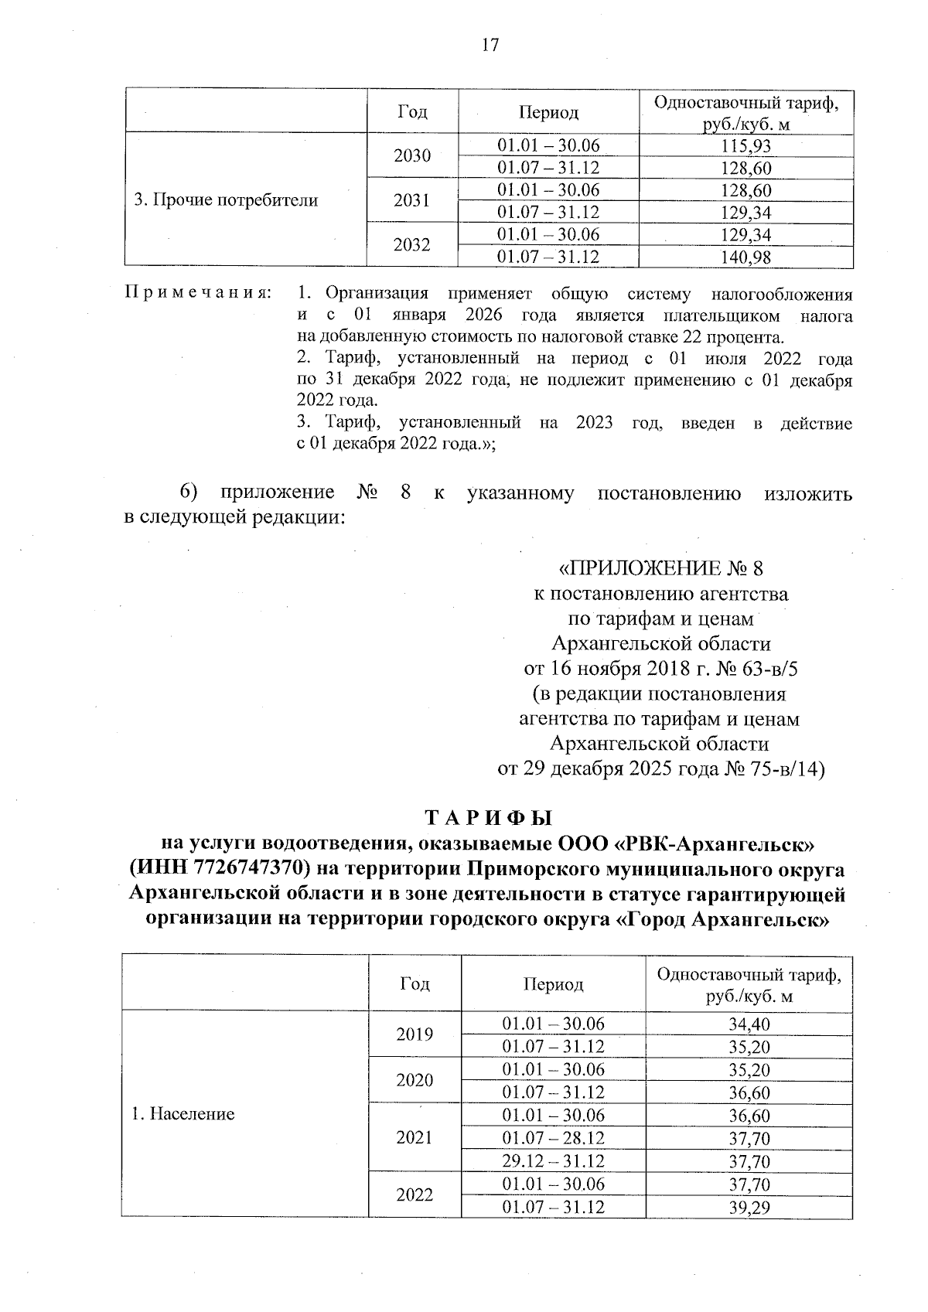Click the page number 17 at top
(x=490, y=45)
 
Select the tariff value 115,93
(x=746, y=146)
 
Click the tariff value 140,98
(x=746, y=257)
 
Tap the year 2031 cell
(x=412, y=201)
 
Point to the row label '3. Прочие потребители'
(x=226, y=201)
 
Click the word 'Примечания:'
(x=198, y=294)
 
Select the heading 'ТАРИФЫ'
(x=488, y=818)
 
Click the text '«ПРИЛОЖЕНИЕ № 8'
(x=660, y=569)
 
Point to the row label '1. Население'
(x=183, y=1114)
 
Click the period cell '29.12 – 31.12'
(x=553, y=1161)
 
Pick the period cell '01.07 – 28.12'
(x=553, y=1138)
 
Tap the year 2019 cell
(x=415, y=1034)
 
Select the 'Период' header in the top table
(x=548, y=113)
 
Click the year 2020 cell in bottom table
(x=415, y=1080)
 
